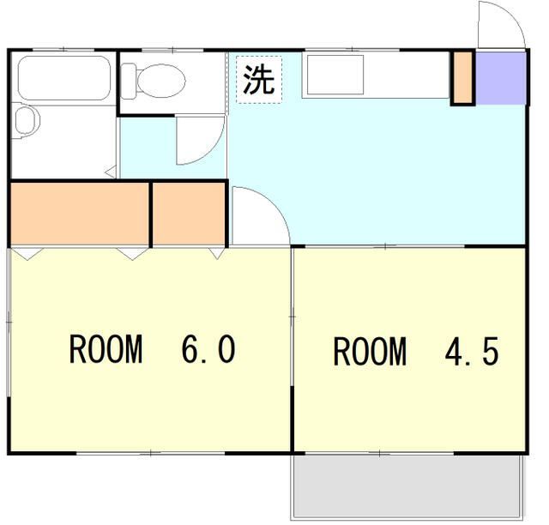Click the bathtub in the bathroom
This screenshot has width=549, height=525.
[64, 78]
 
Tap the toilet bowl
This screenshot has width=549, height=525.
[161, 81]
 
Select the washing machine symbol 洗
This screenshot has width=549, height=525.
[259, 80]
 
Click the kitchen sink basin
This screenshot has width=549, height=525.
[335, 75]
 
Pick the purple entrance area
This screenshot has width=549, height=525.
[501, 78]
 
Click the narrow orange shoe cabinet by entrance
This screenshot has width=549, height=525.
[462, 78]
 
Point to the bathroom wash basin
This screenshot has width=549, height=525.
[27, 121]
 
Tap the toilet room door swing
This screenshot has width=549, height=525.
[200, 140]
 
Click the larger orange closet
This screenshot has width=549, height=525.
[80, 214]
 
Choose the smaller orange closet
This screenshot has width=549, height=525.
[189, 214]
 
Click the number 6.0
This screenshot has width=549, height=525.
[208, 349]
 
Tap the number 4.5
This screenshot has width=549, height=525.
[471, 351]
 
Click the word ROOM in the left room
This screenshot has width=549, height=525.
[106, 349]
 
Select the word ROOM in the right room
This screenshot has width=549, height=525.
[370, 351]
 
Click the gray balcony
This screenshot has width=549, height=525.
[408, 486]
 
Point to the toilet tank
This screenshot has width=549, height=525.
[128, 81]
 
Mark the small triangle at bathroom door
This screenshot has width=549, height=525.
[111, 172]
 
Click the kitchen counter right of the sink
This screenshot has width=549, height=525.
[406, 75]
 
